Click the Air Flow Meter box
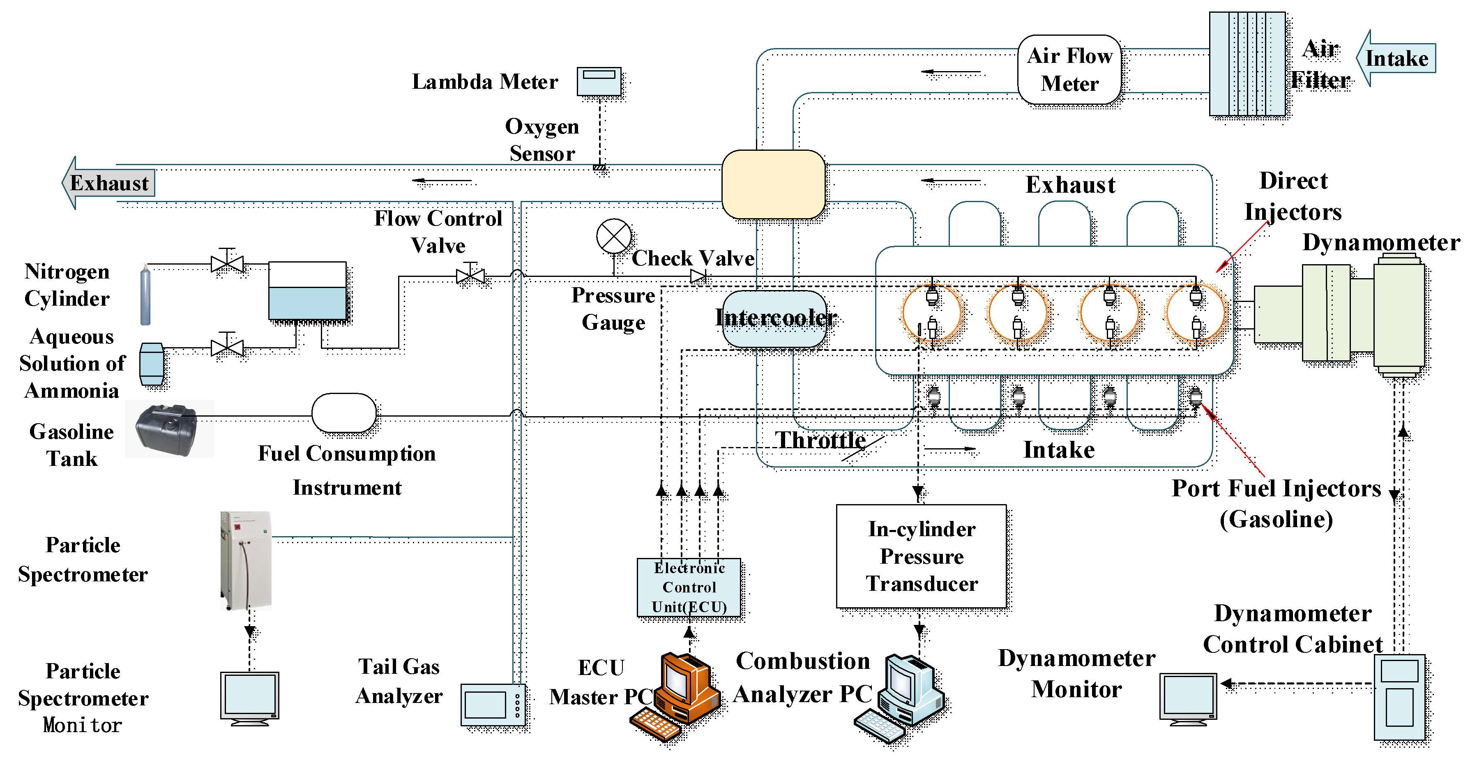point(1069,69)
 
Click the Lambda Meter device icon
point(599,81)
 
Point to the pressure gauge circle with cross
point(613,236)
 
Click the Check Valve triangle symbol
point(698,277)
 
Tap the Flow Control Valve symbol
point(470,275)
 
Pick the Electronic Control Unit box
point(689,587)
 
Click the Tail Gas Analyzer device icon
point(493,704)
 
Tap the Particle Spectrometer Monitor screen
point(249,697)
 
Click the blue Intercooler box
point(774,319)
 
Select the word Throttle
point(820,440)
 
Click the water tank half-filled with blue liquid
point(307,291)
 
